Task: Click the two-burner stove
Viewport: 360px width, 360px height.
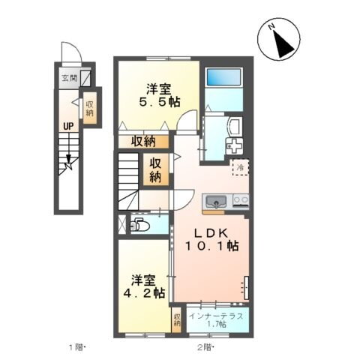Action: (241, 199)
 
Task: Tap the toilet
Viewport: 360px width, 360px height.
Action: (140, 223)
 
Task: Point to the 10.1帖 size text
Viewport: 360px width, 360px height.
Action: (214, 245)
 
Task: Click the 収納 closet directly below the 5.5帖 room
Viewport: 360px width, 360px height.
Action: (145, 140)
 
